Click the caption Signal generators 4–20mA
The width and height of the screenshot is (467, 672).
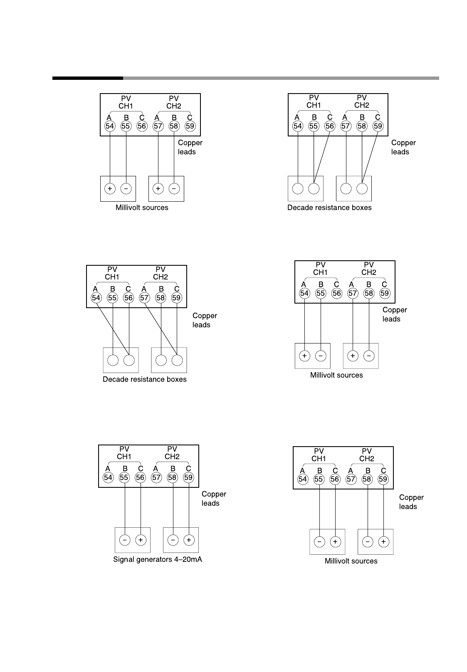[158, 559]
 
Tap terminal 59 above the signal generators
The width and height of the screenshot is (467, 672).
[188, 477]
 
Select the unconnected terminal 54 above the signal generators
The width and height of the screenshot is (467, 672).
[108, 477]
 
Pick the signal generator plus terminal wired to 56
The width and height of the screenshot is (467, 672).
[141, 540]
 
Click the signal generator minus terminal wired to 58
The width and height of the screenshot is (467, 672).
[173, 540]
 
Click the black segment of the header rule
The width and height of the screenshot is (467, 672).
[87, 78]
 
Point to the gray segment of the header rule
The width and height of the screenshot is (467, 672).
[281, 78]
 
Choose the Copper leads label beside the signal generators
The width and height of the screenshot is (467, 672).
[214, 499]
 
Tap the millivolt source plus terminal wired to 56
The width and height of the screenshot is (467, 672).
[335, 542]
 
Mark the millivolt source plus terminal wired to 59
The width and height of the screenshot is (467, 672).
[383, 542]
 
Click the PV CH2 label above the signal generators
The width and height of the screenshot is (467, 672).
[172, 452]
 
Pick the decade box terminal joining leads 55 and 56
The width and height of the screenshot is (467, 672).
[314, 188]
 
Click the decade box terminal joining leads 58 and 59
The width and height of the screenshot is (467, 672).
[362, 188]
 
